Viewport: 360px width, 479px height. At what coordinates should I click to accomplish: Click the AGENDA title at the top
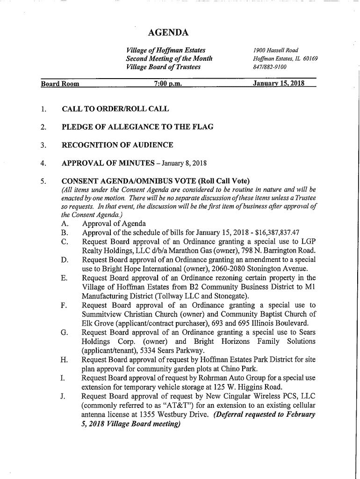click(x=168, y=32)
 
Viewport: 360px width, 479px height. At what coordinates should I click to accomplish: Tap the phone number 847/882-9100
click(x=269, y=67)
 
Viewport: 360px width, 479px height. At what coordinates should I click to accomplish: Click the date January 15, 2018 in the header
click(x=278, y=84)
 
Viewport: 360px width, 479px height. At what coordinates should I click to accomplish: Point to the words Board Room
click(x=60, y=84)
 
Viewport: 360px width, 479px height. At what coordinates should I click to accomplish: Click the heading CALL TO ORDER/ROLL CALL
click(x=115, y=109)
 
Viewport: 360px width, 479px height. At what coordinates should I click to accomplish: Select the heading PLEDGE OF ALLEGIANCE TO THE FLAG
click(x=137, y=127)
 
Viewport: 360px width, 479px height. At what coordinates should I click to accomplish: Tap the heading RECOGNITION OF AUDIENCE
click(x=117, y=145)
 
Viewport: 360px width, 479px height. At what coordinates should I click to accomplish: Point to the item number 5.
click(x=43, y=181)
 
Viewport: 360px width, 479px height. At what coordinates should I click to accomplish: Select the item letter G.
click(x=62, y=333)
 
